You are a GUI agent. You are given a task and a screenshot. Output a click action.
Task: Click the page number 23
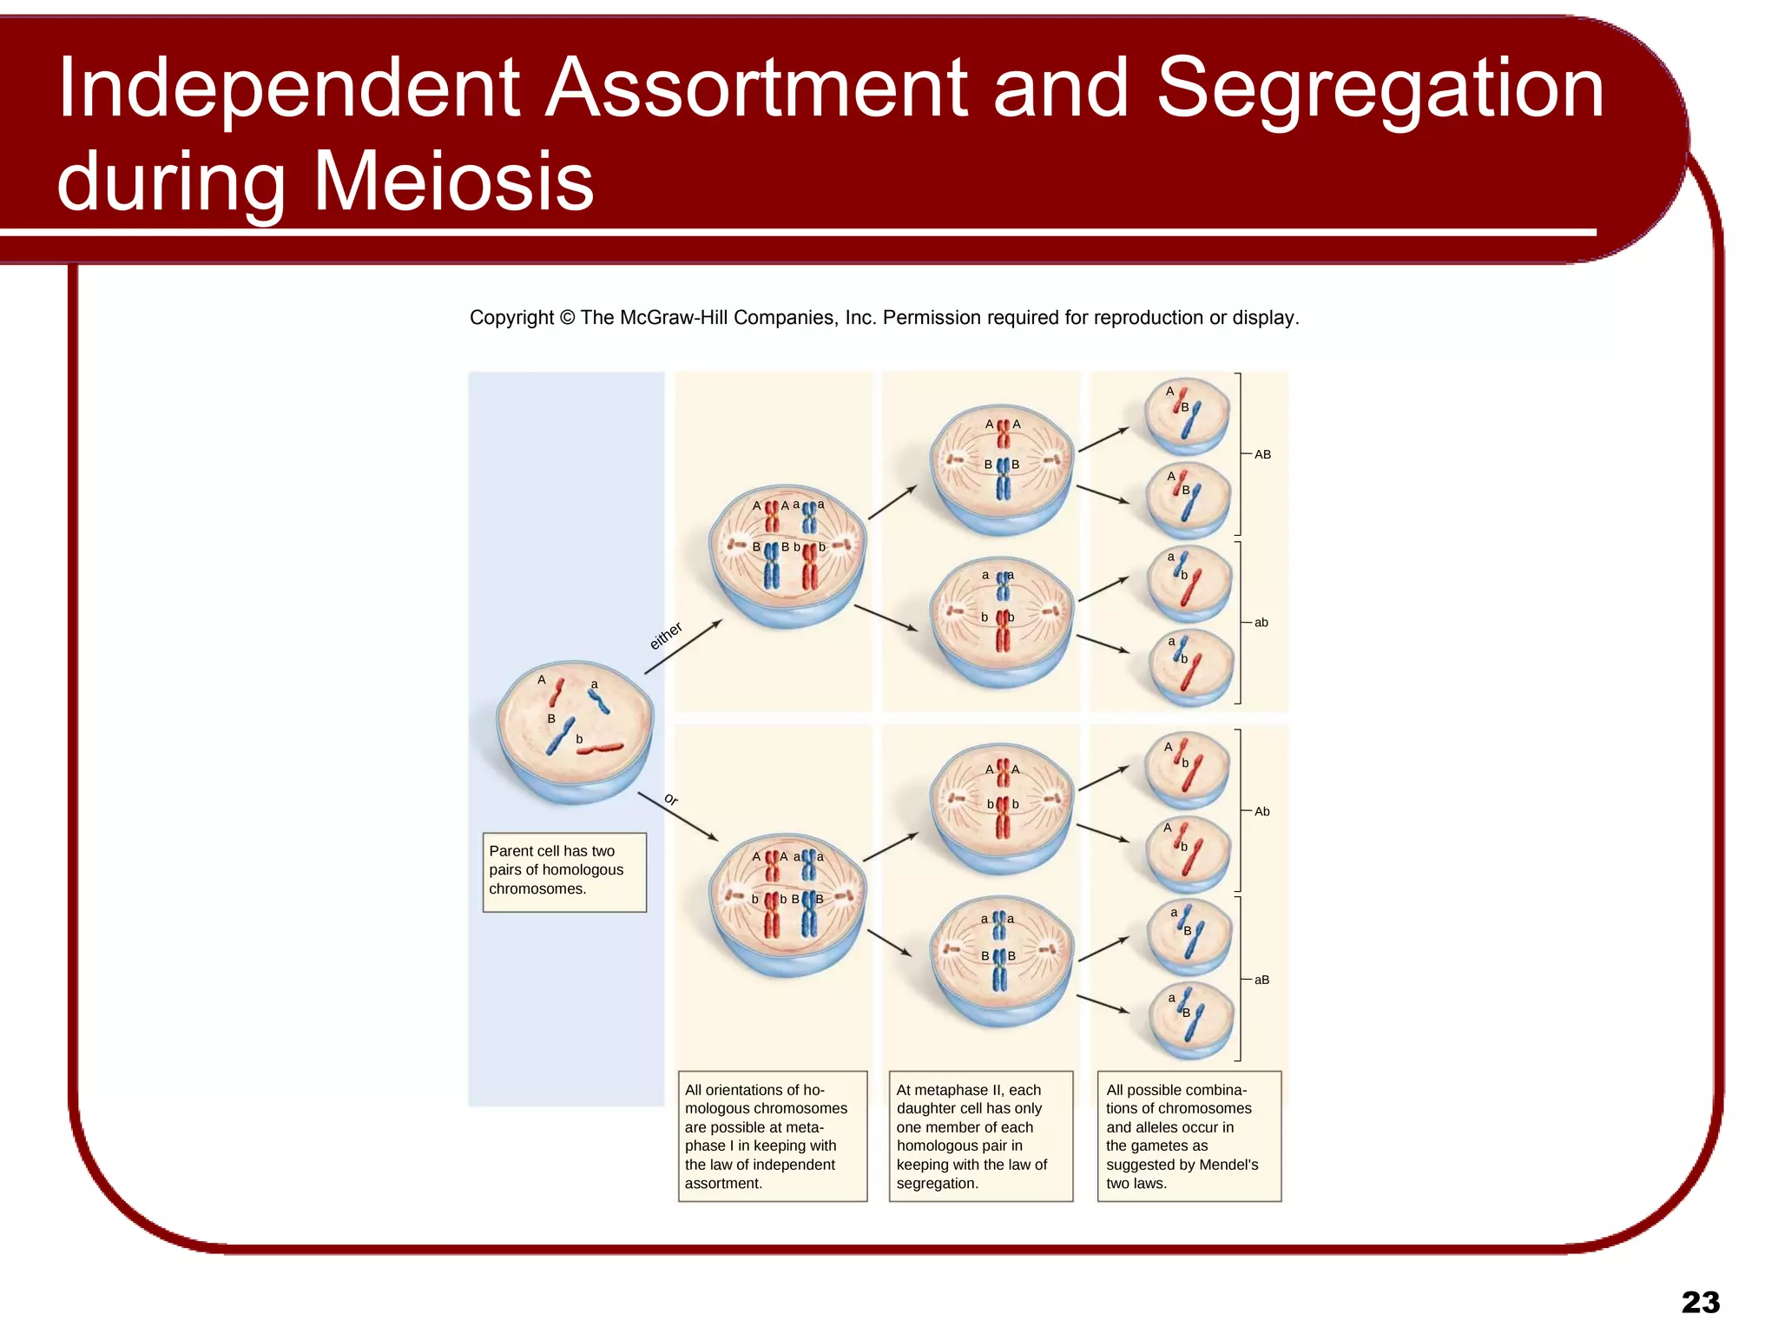tap(1700, 1302)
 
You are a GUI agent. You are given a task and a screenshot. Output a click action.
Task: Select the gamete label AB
tap(1262, 454)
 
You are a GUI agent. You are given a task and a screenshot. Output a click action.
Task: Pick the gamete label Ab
tap(1261, 811)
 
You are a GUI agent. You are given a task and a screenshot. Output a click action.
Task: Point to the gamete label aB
tap(1261, 980)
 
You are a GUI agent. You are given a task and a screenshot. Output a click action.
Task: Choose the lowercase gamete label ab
tap(1261, 623)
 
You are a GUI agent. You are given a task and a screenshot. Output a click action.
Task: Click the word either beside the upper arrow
tap(666, 636)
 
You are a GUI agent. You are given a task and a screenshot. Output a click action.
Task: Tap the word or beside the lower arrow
tap(671, 799)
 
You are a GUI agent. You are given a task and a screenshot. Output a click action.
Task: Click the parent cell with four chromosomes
tap(574, 730)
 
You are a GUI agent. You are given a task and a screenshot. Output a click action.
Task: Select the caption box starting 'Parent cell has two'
tap(564, 871)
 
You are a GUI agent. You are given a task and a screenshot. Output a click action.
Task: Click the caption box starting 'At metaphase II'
tap(980, 1136)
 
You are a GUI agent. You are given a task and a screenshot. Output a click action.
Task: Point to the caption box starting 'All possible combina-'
tap(1189, 1136)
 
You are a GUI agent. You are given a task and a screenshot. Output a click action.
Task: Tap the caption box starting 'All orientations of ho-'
tap(772, 1136)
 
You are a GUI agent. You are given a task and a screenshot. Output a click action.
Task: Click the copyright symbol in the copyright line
tap(567, 318)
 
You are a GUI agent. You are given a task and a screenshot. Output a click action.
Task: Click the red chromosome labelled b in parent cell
tap(601, 748)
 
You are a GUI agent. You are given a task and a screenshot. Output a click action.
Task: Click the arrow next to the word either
tap(683, 647)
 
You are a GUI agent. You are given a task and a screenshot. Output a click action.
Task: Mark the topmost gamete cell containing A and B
tap(1187, 415)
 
